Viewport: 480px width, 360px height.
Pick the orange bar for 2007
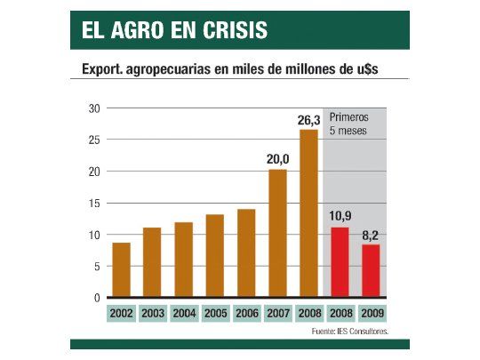277,233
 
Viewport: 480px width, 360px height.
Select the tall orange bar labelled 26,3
308,213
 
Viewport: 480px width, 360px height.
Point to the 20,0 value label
277,158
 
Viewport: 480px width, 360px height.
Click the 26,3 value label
308,119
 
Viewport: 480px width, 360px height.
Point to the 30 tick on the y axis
93,108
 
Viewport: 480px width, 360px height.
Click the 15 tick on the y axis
93,203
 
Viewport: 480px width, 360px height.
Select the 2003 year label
152,314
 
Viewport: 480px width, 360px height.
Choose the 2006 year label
246,314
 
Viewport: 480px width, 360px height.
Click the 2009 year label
372,314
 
